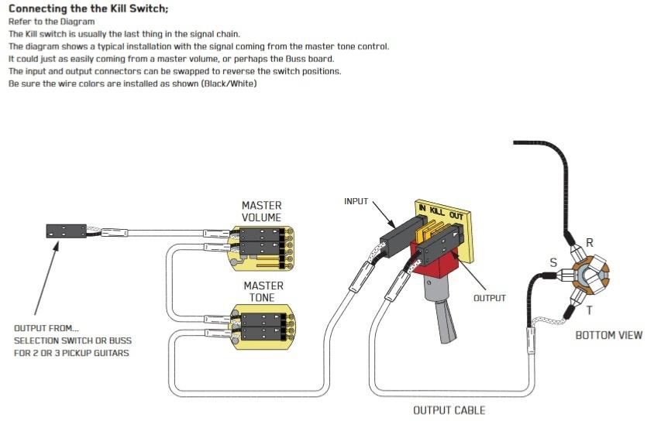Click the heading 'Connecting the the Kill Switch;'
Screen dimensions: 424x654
(x=88, y=9)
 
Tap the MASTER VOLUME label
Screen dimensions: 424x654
(x=261, y=211)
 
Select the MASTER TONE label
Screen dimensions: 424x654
(x=263, y=291)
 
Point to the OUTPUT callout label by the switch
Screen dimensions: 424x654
(x=489, y=298)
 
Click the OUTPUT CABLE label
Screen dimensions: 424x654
(x=449, y=409)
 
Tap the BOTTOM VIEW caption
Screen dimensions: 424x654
(x=608, y=335)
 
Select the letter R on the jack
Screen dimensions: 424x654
(x=590, y=243)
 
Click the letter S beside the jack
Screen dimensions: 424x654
(x=553, y=263)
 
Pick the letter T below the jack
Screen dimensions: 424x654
(x=590, y=309)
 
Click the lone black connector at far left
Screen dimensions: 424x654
(x=64, y=231)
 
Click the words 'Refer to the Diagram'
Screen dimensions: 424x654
(x=50, y=22)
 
